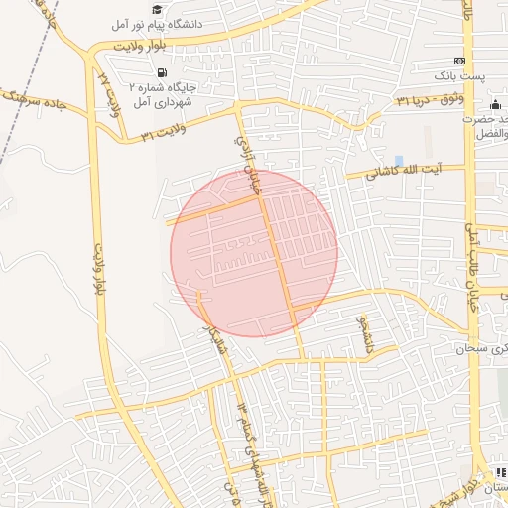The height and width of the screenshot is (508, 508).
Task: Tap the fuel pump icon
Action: pos(162,71)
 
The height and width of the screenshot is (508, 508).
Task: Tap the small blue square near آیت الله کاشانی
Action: pos(399,160)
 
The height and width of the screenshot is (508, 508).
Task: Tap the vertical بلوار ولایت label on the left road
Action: pos(99,268)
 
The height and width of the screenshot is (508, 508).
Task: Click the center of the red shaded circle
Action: pos(254,253)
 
